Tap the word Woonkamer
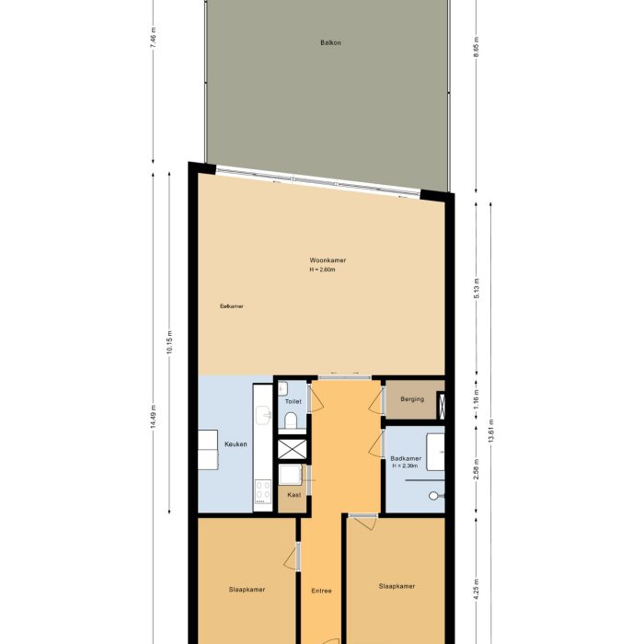pos(328,260)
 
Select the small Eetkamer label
pos(231,306)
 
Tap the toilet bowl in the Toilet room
pos(291,421)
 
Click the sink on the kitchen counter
pos(262,419)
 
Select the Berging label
pos(412,400)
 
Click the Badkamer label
pos(406,457)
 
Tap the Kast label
pos(293,495)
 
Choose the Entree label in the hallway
pos(321,591)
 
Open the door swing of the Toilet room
pos(315,397)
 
